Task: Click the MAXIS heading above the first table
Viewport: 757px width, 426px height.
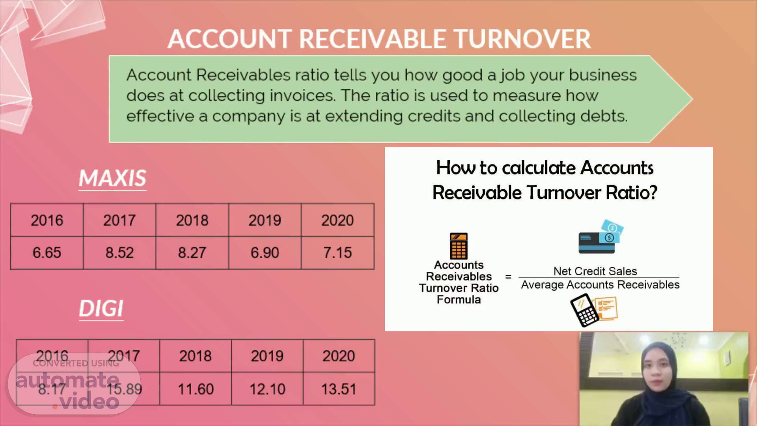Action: click(x=112, y=178)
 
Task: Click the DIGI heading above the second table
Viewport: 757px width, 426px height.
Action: click(x=101, y=308)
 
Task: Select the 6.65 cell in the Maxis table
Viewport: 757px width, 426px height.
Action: click(x=47, y=252)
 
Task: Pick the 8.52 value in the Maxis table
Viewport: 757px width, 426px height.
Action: click(x=119, y=252)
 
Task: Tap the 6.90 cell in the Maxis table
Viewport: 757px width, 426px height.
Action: click(x=265, y=252)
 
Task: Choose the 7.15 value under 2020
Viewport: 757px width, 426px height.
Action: click(x=337, y=252)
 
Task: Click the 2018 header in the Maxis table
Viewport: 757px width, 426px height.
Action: click(x=192, y=220)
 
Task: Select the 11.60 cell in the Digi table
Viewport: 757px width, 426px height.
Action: click(x=196, y=389)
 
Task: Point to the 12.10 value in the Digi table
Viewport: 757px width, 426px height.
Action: click(x=267, y=389)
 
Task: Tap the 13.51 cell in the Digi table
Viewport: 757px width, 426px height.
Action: click(x=339, y=389)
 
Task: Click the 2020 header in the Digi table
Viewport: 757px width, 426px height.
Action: click(x=339, y=356)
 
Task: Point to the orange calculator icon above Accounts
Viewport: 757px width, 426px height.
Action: click(x=459, y=246)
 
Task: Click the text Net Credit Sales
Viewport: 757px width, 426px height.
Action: click(x=595, y=271)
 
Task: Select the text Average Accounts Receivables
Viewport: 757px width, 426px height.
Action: click(x=600, y=285)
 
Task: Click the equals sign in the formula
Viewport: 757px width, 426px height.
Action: click(x=508, y=277)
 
